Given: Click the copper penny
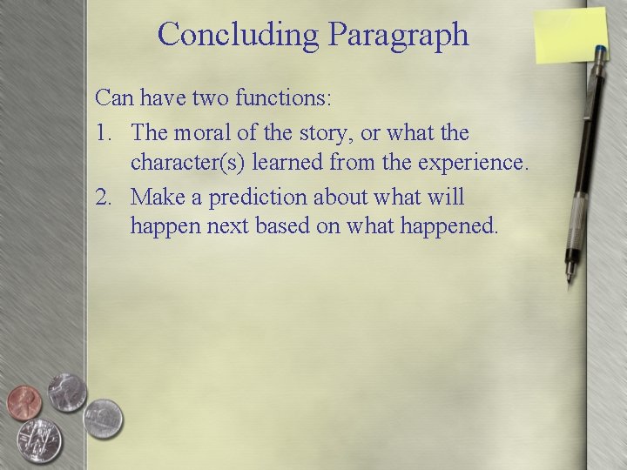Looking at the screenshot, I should pos(24,403).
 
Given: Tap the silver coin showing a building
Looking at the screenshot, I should pos(102,419).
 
